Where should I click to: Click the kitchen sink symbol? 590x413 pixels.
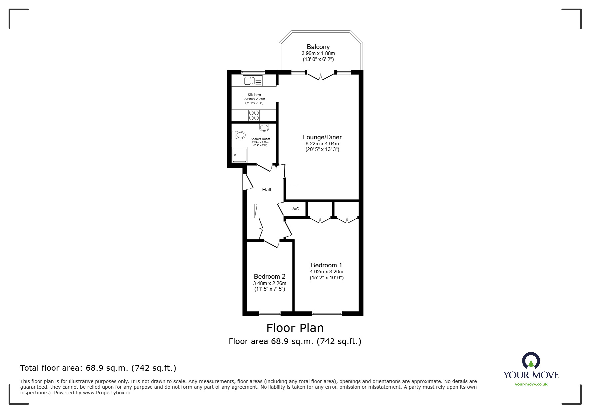pyautogui.click(x=253, y=81)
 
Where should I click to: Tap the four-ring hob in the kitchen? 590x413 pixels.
pyautogui.click(x=254, y=115)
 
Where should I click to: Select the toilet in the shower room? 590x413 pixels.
pyautogui.click(x=239, y=135)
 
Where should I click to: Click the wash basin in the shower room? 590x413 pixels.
pyautogui.click(x=264, y=127)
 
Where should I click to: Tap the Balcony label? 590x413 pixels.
pyautogui.click(x=318, y=47)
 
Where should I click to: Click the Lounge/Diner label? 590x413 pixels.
pyautogui.click(x=322, y=137)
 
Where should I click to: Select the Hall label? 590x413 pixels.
pyautogui.click(x=267, y=190)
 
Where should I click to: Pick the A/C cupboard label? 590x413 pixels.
pyautogui.click(x=296, y=209)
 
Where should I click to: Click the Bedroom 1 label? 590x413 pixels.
pyautogui.click(x=326, y=265)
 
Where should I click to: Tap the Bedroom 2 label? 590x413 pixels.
pyautogui.click(x=270, y=277)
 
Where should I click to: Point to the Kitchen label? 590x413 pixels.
pyautogui.click(x=254, y=95)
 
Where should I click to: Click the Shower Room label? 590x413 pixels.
pyautogui.click(x=260, y=139)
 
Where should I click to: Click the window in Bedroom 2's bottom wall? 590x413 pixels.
pyautogui.click(x=270, y=313)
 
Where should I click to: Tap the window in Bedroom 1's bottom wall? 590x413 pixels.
pyautogui.click(x=327, y=313)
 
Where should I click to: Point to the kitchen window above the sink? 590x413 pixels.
pyautogui.click(x=253, y=72)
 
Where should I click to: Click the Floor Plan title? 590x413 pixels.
pyautogui.click(x=295, y=328)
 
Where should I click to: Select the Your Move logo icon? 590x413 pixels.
pyautogui.click(x=531, y=361)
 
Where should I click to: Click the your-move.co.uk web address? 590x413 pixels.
pyautogui.click(x=531, y=384)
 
